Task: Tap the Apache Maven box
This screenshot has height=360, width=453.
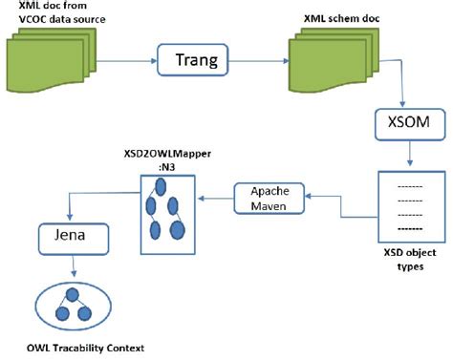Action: coord(269,199)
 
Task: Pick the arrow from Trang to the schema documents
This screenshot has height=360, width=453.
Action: coord(250,63)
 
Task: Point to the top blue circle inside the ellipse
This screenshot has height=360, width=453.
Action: coord(72,295)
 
